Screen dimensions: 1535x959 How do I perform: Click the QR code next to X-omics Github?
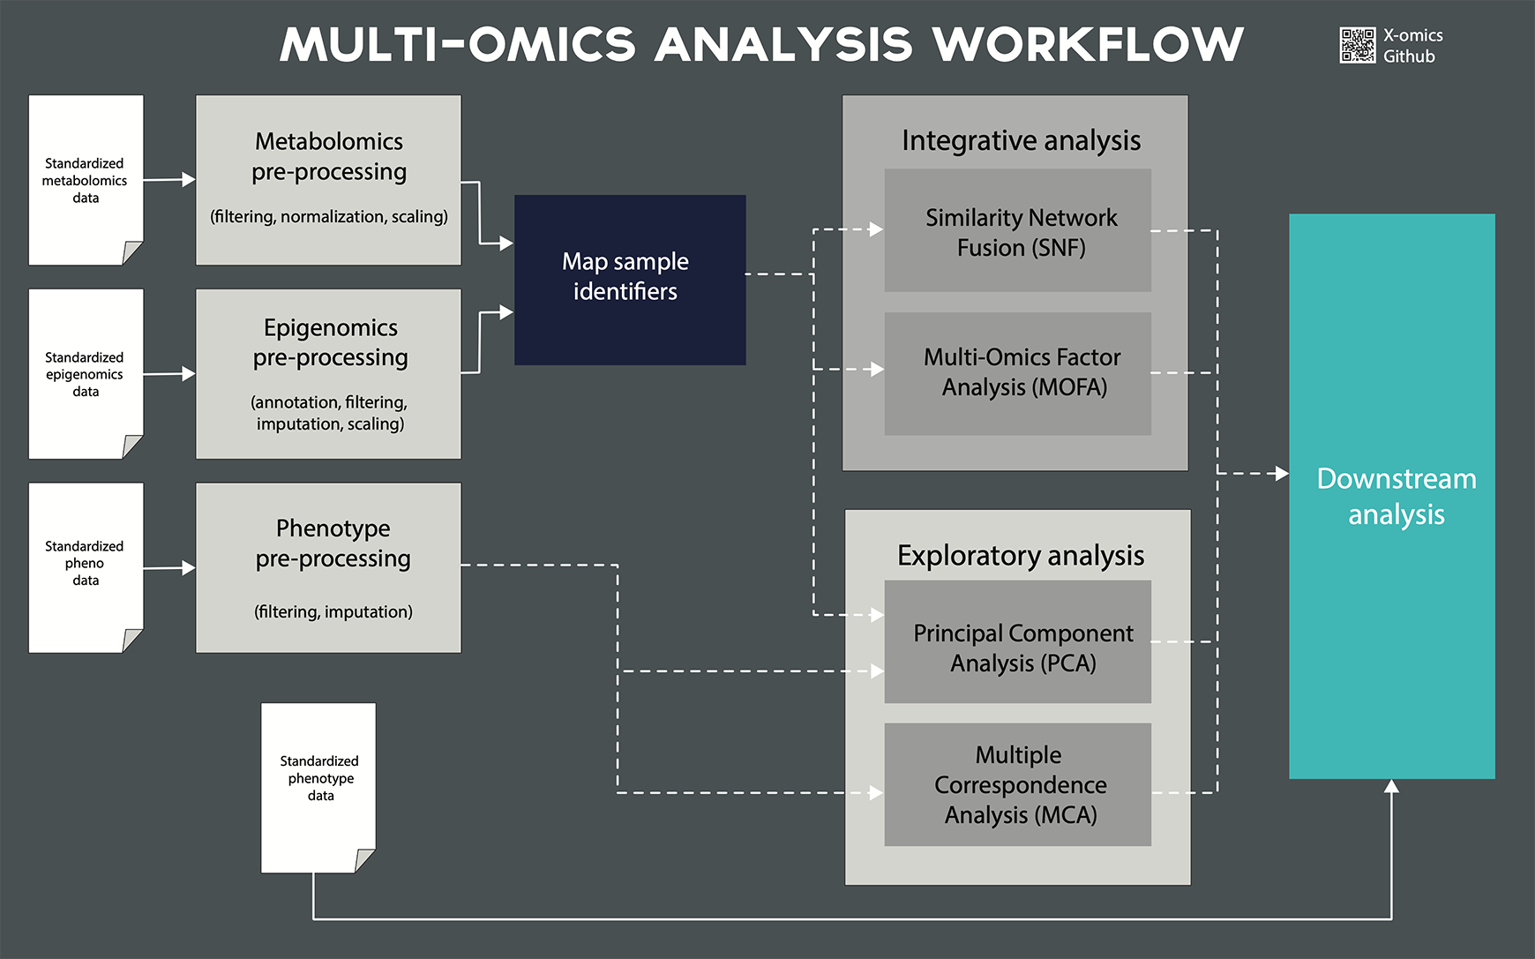point(1358,46)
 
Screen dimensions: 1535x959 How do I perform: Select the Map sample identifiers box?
point(630,280)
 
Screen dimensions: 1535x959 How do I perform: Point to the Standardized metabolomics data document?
point(86,180)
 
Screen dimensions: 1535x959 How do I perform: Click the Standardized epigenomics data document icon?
point(86,374)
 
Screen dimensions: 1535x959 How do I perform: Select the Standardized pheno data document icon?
point(86,567)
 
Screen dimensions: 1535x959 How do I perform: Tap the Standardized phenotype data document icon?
point(318,788)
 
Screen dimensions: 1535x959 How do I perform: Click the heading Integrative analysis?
point(1021,140)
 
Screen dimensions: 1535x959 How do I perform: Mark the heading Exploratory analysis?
point(1021,555)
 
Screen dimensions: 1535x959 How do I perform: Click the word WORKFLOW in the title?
point(1088,44)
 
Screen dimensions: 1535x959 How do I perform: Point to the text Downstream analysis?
point(1396,496)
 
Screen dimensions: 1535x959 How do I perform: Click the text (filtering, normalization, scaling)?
point(329,216)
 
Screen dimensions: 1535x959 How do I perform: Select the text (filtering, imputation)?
point(333,611)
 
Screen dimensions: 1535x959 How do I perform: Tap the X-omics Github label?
point(1412,46)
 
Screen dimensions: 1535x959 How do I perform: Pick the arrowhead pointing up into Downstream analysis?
point(1391,786)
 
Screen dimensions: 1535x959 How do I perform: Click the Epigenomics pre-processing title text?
point(331,342)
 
